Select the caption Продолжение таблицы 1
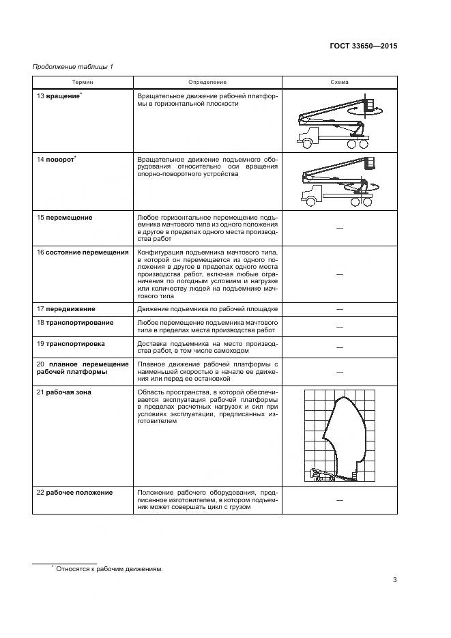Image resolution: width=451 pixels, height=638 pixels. (73, 66)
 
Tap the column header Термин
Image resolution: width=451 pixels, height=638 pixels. (83, 82)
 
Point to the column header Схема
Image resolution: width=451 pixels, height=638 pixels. (339, 82)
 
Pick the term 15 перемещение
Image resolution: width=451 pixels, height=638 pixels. (65, 217)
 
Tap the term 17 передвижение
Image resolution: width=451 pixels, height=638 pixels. (66, 309)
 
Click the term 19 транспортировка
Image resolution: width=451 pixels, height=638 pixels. (71, 343)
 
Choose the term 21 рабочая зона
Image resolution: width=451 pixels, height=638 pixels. (64, 392)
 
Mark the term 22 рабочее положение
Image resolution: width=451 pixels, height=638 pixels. (75, 492)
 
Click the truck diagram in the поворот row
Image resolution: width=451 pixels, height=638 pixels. (339, 180)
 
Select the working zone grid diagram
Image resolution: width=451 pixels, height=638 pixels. (339, 435)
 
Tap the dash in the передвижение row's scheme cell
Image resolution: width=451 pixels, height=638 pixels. (339, 309)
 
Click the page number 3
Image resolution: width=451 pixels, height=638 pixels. (394, 580)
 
